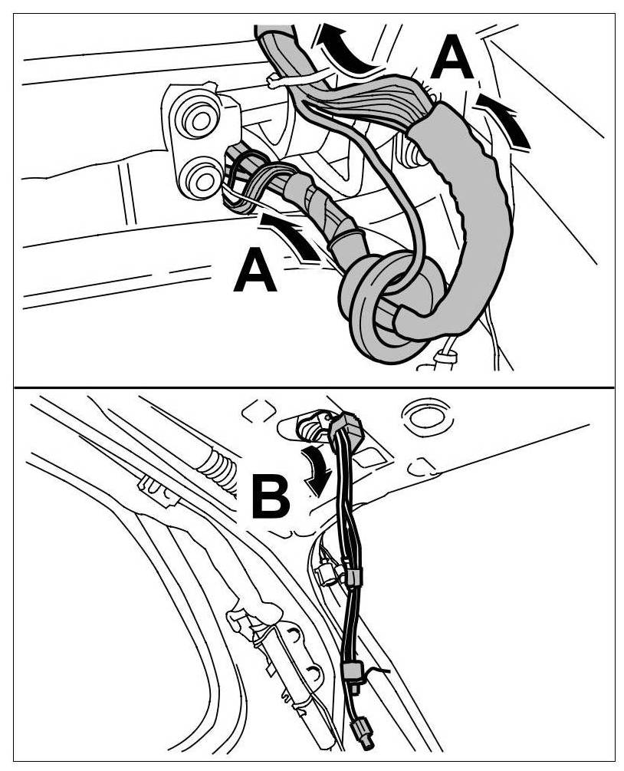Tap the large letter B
pyautogui.click(x=270, y=496)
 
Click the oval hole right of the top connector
pyautogui.click(x=421, y=415)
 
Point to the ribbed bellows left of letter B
pyautogui.click(x=218, y=470)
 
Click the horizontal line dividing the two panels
pyautogui.click(x=313, y=387)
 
